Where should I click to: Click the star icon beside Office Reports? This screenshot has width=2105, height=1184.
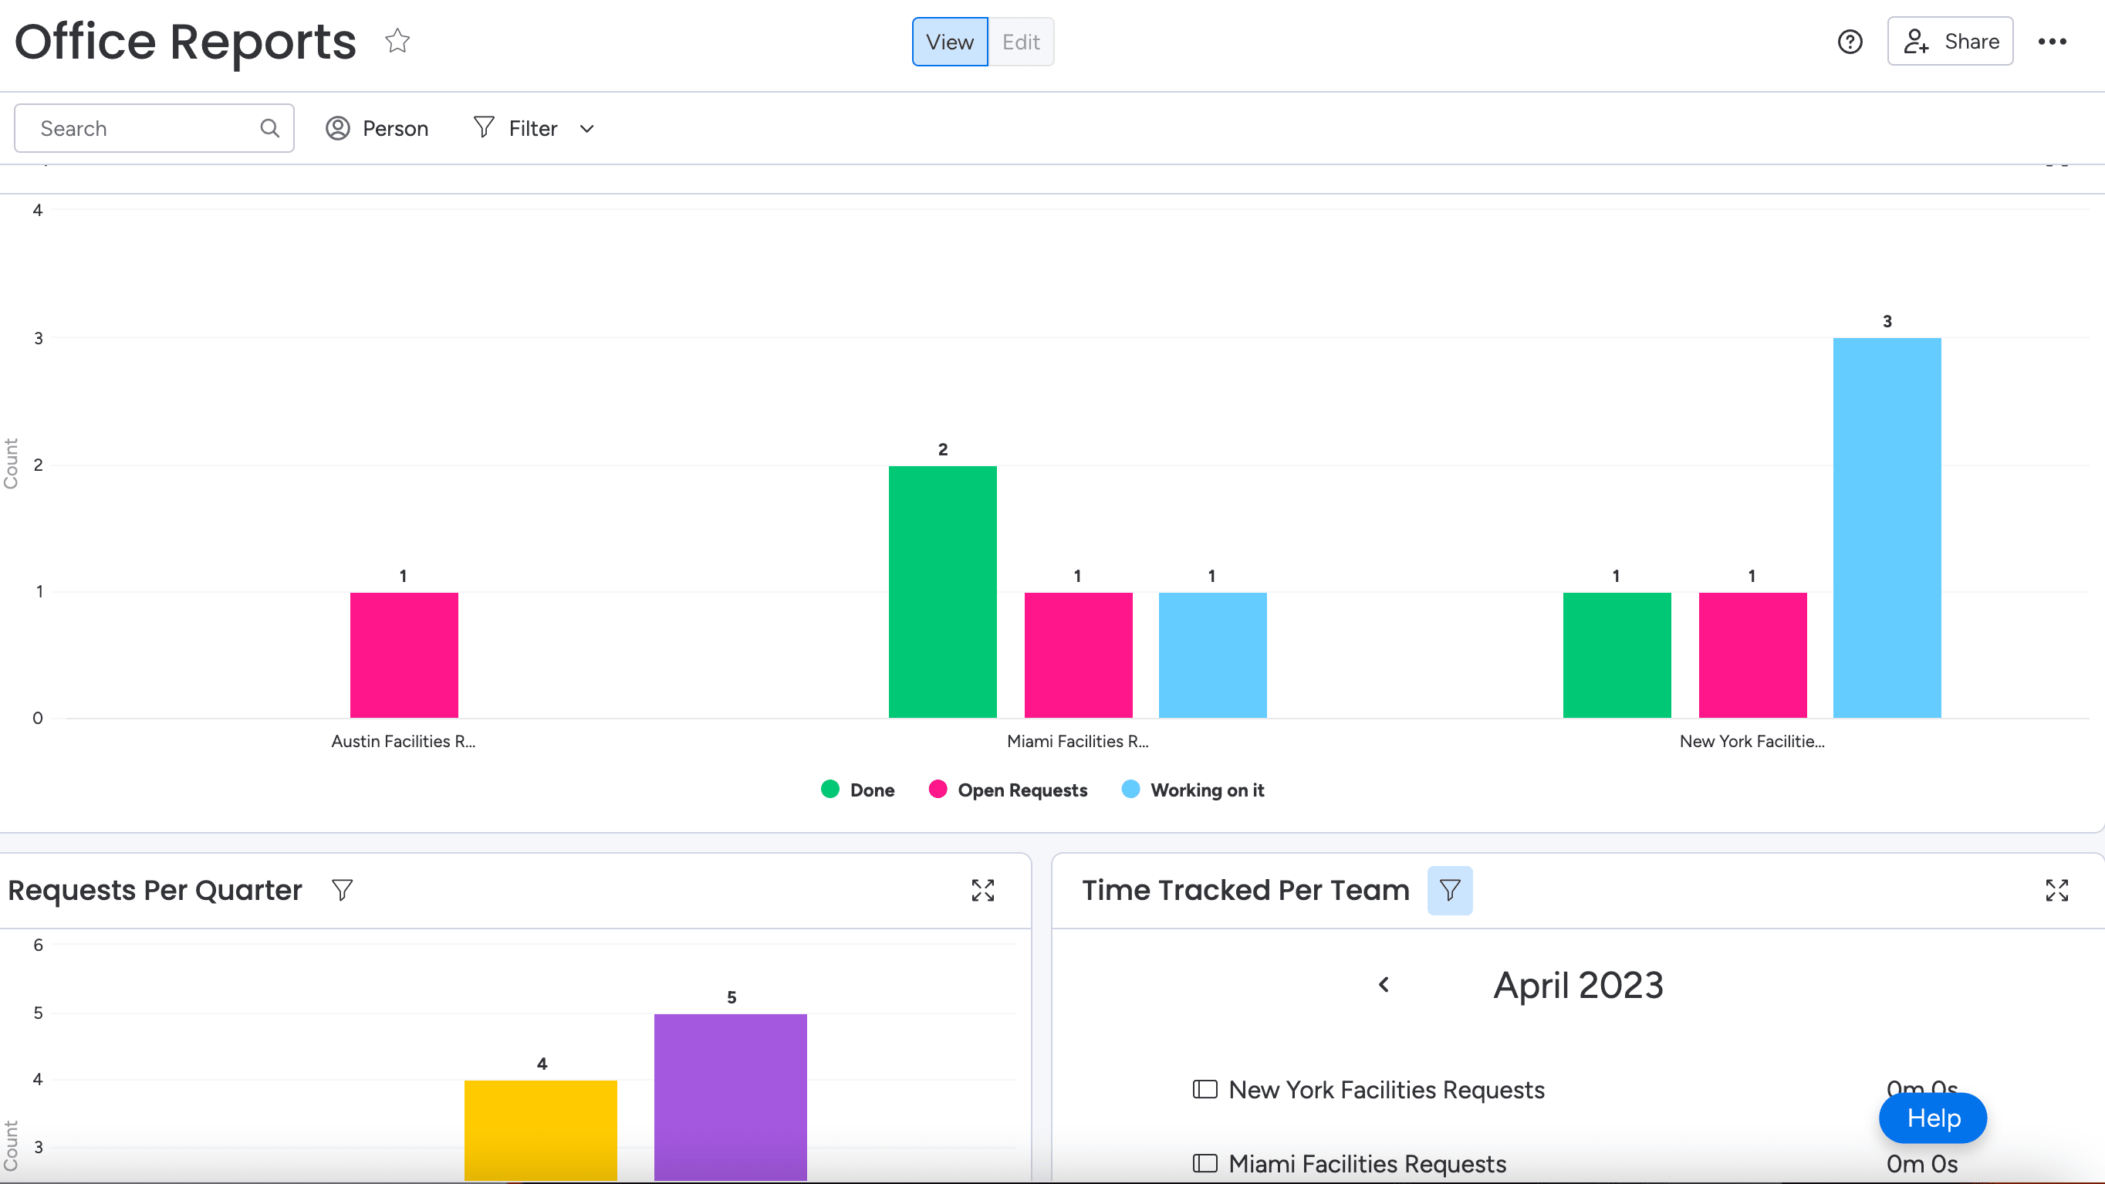[398, 41]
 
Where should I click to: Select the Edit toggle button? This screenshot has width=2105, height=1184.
[1021, 42]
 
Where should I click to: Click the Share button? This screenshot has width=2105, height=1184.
[1950, 41]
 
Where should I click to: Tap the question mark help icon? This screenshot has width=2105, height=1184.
[1850, 42]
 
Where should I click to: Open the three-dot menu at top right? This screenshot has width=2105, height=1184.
[2053, 42]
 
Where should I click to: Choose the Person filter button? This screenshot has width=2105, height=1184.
[377, 128]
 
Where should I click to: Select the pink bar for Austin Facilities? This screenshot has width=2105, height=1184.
[404, 655]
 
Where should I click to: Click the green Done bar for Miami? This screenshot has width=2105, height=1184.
[943, 591]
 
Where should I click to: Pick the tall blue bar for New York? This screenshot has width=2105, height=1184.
[1887, 528]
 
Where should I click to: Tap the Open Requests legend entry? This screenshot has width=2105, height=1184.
[1009, 790]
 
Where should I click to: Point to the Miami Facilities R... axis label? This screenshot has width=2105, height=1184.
[1078, 741]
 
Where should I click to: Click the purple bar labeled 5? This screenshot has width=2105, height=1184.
[731, 1098]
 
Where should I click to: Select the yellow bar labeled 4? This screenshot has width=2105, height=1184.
[541, 1131]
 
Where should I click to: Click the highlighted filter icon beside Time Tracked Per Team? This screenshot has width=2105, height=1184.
[1450, 890]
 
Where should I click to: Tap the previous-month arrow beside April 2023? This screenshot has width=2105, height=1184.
[1384, 985]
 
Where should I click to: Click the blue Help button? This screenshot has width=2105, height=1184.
[1934, 1118]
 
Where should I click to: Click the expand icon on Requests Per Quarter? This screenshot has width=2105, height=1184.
[983, 890]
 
